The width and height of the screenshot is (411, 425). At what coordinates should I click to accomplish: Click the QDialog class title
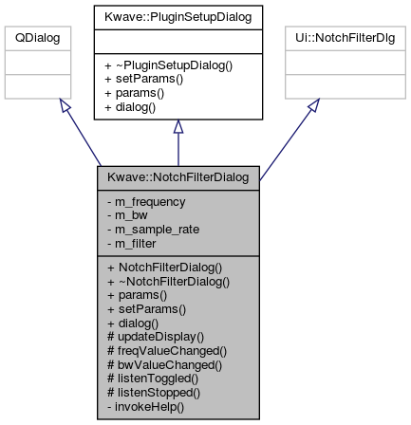tap(38, 38)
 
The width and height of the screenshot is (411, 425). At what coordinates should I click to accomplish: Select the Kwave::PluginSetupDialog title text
tap(178, 17)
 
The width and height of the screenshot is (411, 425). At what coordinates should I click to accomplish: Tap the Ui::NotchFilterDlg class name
tap(346, 38)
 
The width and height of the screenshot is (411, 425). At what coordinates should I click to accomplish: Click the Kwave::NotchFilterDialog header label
tap(178, 177)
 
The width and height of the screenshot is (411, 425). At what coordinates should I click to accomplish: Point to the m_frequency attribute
tap(146, 202)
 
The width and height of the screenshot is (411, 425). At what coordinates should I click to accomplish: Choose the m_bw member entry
tap(127, 215)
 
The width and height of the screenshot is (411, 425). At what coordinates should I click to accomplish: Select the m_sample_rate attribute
tap(154, 230)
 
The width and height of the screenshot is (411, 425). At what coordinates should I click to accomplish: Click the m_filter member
tap(132, 244)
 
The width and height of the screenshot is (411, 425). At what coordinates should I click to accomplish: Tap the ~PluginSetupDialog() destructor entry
tap(168, 65)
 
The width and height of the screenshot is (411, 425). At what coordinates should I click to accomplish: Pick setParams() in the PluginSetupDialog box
tap(143, 79)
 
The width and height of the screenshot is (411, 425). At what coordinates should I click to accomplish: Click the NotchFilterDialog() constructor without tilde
tap(165, 268)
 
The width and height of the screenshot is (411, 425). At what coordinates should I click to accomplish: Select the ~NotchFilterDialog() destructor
tap(169, 282)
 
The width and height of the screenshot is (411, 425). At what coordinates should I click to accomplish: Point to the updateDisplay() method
tap(156, 337)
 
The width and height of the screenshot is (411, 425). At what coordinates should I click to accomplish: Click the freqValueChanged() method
tap(167, 351)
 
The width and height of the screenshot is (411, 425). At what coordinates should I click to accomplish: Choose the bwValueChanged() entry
tap(165, 365)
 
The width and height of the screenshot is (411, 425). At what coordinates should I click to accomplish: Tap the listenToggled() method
tap(153, 379)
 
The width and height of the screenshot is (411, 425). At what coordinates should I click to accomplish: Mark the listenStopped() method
tap(154, 393)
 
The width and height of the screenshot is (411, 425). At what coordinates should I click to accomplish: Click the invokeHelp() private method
tap(145, 407)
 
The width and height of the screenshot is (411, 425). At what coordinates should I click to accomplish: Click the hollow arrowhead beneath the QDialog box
tap(65, 104)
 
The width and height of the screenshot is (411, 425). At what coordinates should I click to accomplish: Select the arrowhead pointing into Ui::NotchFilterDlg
tap(314, 105)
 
